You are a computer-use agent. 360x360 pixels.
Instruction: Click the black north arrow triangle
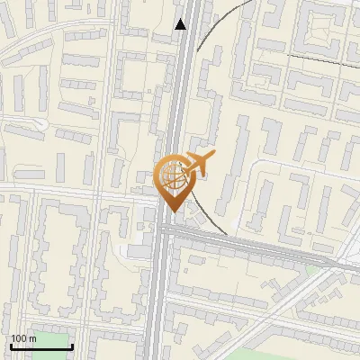pos(181,24)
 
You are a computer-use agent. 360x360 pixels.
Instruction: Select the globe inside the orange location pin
pos(173,176)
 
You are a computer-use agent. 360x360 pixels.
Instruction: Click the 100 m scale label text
pos(23,338)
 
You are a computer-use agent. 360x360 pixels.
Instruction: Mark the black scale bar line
pos(41,346)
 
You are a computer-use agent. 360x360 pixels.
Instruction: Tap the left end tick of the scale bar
pos(12,345)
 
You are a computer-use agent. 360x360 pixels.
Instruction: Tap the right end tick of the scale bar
pos(72,345)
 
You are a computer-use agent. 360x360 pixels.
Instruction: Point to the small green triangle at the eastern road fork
pos(311,269)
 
